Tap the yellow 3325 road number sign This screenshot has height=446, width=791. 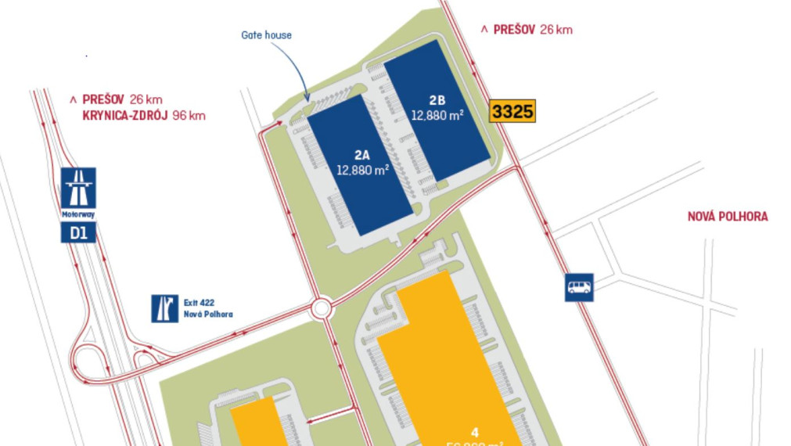pyautogui.click(x=512, y=111)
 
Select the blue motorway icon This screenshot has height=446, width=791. pyautogui.click(x=78, y=188)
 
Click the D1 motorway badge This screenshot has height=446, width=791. pyautogui.click(x=78, y=232)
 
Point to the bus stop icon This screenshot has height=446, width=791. pyautogui.click(x=579, y=287)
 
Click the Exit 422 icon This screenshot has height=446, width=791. pyautogui.click(x=164, y=309)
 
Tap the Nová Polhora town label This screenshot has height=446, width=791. pyautogui.click(x=728, y=217)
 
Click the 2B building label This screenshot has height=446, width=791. pyautogui.click(x=437, y=99)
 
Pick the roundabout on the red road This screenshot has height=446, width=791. pyautogui.click(x=322, y=308)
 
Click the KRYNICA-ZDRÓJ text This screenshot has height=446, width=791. pyautogui.click(x=124, y=115)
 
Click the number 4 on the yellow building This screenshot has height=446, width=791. pyautogui.click(x=475, y=431)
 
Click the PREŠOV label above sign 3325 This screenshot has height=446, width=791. pyautogui.click(x=514, y=30)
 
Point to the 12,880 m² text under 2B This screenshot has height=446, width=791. pyautogui.click(x=437, y=114)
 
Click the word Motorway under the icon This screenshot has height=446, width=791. pyautogui.click(x=78, y=214)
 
